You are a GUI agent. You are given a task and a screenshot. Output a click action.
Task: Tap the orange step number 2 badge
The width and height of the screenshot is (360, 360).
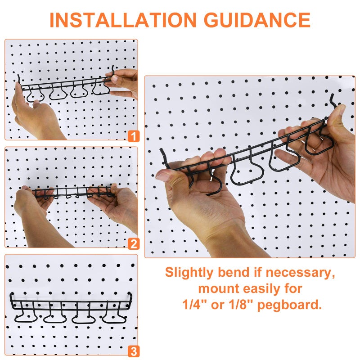133,244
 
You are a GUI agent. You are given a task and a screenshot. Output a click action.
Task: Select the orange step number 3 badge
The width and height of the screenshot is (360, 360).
133,351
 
